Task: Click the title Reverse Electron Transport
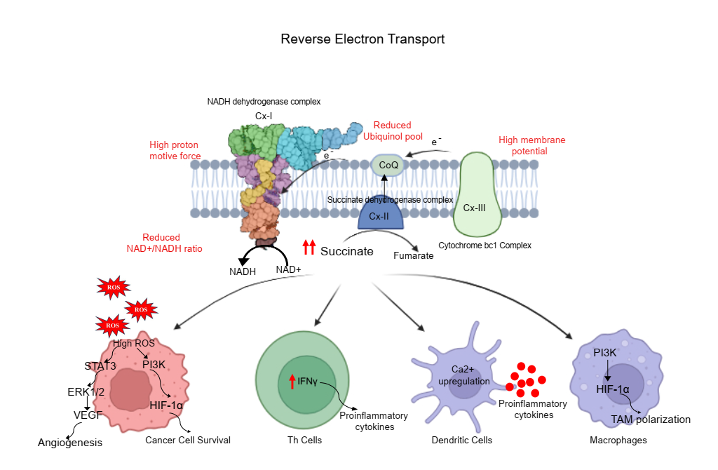click(363, 39)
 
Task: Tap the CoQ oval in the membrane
click(388, 165)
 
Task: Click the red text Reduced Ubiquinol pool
click(392, 130)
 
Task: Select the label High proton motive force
click(175, 150)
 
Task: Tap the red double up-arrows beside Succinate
click(309, 247)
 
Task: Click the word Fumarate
click(413, 255)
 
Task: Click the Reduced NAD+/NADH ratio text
click(161, 243)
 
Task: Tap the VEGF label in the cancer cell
click(88, 415)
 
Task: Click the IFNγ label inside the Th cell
click(308, 381)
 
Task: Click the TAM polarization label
click(651, 419)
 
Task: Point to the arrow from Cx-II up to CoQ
click(384, 184)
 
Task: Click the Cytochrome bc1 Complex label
click(485, 246)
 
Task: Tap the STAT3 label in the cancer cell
click(100, 365)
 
